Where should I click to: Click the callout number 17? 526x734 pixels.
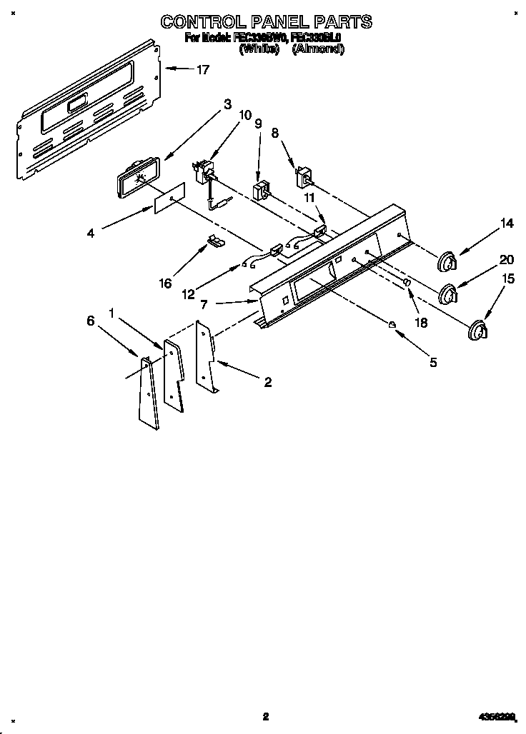[x=203, y=69]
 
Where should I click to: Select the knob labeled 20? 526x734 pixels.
[x=448, y=293]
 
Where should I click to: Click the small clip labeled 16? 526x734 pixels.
[x=214, y=241]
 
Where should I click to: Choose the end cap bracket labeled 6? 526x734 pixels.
[x=149, y=393]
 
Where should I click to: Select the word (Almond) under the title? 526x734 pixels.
[x=319, y=49]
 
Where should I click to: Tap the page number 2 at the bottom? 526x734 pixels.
[x=264, y=716]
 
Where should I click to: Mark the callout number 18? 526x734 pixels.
[x=421, y=322]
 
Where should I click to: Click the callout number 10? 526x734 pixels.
[x=245, y=114]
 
